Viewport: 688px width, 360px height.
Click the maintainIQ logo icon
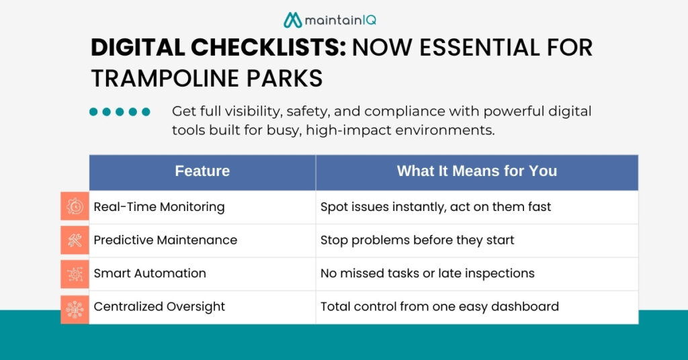292,20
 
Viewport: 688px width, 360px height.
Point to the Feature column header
202,171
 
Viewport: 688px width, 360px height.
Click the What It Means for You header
476,171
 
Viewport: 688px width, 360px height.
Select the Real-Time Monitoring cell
159,207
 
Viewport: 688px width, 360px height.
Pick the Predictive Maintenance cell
165,240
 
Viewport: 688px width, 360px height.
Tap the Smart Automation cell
150,273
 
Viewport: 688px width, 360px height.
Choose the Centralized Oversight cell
159,307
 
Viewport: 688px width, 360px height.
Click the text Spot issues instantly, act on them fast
435,207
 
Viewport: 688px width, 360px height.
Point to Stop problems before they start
417,240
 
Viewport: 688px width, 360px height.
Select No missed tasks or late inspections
427,273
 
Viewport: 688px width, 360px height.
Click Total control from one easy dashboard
439,307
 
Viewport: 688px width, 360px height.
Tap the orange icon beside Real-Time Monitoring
75,207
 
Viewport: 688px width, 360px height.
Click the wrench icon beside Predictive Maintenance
75,240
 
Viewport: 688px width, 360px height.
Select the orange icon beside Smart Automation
75,273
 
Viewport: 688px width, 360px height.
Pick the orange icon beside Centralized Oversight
75,308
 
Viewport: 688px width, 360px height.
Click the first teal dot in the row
94,112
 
